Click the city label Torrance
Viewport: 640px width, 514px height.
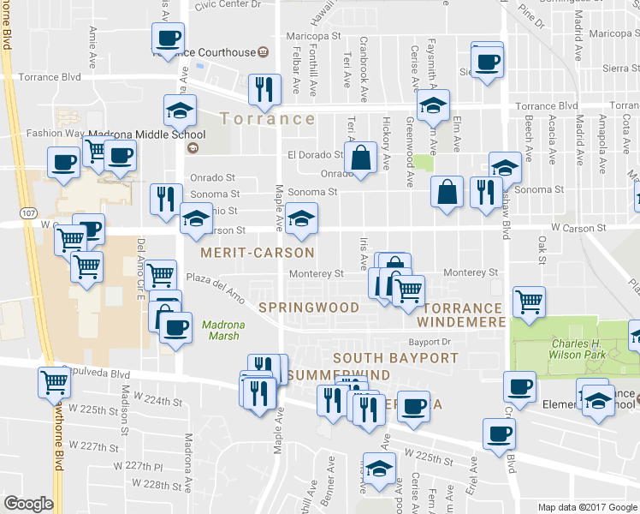267,118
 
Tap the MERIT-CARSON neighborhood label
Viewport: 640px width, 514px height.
257,254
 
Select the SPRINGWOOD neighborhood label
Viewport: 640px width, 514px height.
308,307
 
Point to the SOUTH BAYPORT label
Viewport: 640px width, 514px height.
383,357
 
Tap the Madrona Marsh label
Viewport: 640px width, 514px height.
222,329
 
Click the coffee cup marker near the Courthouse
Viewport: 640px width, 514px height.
168,38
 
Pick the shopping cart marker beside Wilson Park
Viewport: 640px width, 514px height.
529,302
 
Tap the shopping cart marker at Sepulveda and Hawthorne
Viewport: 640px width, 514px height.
54,382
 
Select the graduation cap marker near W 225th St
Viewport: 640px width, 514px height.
379,469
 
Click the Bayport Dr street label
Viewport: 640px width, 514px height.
440,342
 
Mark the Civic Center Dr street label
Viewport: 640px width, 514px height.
227,5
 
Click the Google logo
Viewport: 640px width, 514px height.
29,504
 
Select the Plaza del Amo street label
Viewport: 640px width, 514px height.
216,288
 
